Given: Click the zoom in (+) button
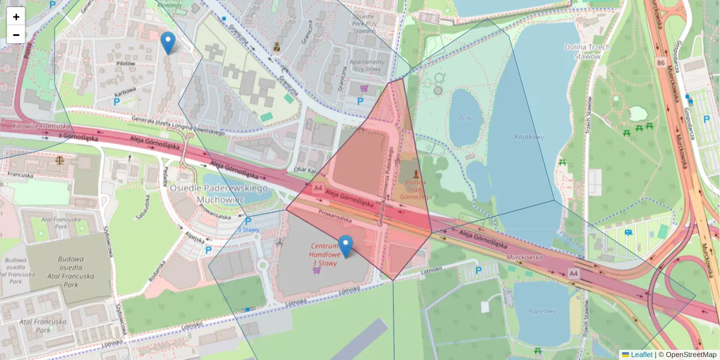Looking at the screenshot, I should [16, 17].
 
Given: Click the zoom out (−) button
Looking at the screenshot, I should [16, 35].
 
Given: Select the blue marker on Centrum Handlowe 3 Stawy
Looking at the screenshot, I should [346, 246].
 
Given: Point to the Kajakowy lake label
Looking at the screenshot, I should [528, 137].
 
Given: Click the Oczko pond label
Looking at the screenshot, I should [466, 118].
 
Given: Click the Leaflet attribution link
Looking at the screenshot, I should [641, 355].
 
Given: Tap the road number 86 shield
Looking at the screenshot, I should [660, 62].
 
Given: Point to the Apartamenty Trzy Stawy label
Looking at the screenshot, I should [367, 65].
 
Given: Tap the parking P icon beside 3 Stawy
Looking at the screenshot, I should [248, 221].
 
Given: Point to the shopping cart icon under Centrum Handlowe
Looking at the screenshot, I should [316, 270].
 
